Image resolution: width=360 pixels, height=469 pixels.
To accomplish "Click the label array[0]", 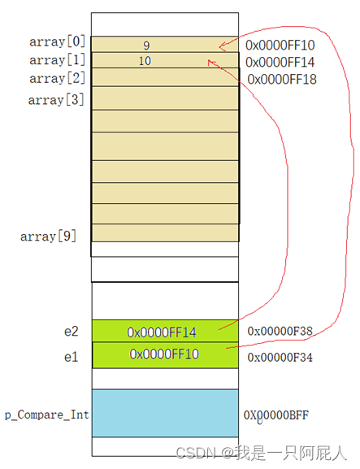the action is (58, 41).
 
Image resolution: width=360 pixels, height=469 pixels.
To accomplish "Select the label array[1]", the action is (58, 60).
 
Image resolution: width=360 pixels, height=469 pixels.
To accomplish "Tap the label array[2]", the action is (58, 78).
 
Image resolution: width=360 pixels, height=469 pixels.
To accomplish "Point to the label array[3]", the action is (56, 100).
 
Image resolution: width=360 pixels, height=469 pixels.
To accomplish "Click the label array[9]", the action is (49, 237).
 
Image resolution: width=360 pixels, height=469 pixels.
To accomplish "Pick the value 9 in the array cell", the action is (146, 46).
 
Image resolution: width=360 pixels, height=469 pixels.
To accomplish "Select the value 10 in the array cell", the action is (145, 61).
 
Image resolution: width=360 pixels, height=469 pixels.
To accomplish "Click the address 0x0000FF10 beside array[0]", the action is (280, 46).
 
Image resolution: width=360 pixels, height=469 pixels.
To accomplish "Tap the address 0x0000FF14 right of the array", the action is (280, 63).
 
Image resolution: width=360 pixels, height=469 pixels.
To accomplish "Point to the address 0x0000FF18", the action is (282, 80).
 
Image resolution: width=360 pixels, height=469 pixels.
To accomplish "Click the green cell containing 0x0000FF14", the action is (165, 331).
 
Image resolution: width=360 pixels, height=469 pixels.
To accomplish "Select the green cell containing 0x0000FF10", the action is (165, 355).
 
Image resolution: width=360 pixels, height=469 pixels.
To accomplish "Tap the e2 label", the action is (72, 332).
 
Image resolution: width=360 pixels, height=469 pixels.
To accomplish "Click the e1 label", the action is (72, 357).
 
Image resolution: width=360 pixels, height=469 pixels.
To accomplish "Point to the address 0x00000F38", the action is (280, 331).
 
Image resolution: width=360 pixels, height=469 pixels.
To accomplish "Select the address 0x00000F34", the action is (280, 357).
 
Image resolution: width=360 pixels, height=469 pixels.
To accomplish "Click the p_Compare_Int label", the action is (47, 415).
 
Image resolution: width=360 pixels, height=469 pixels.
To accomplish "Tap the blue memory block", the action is (165, 413).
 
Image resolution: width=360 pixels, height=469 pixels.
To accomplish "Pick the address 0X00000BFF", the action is (276, 415).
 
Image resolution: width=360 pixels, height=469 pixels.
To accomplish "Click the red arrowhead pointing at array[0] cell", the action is (222, 46).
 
